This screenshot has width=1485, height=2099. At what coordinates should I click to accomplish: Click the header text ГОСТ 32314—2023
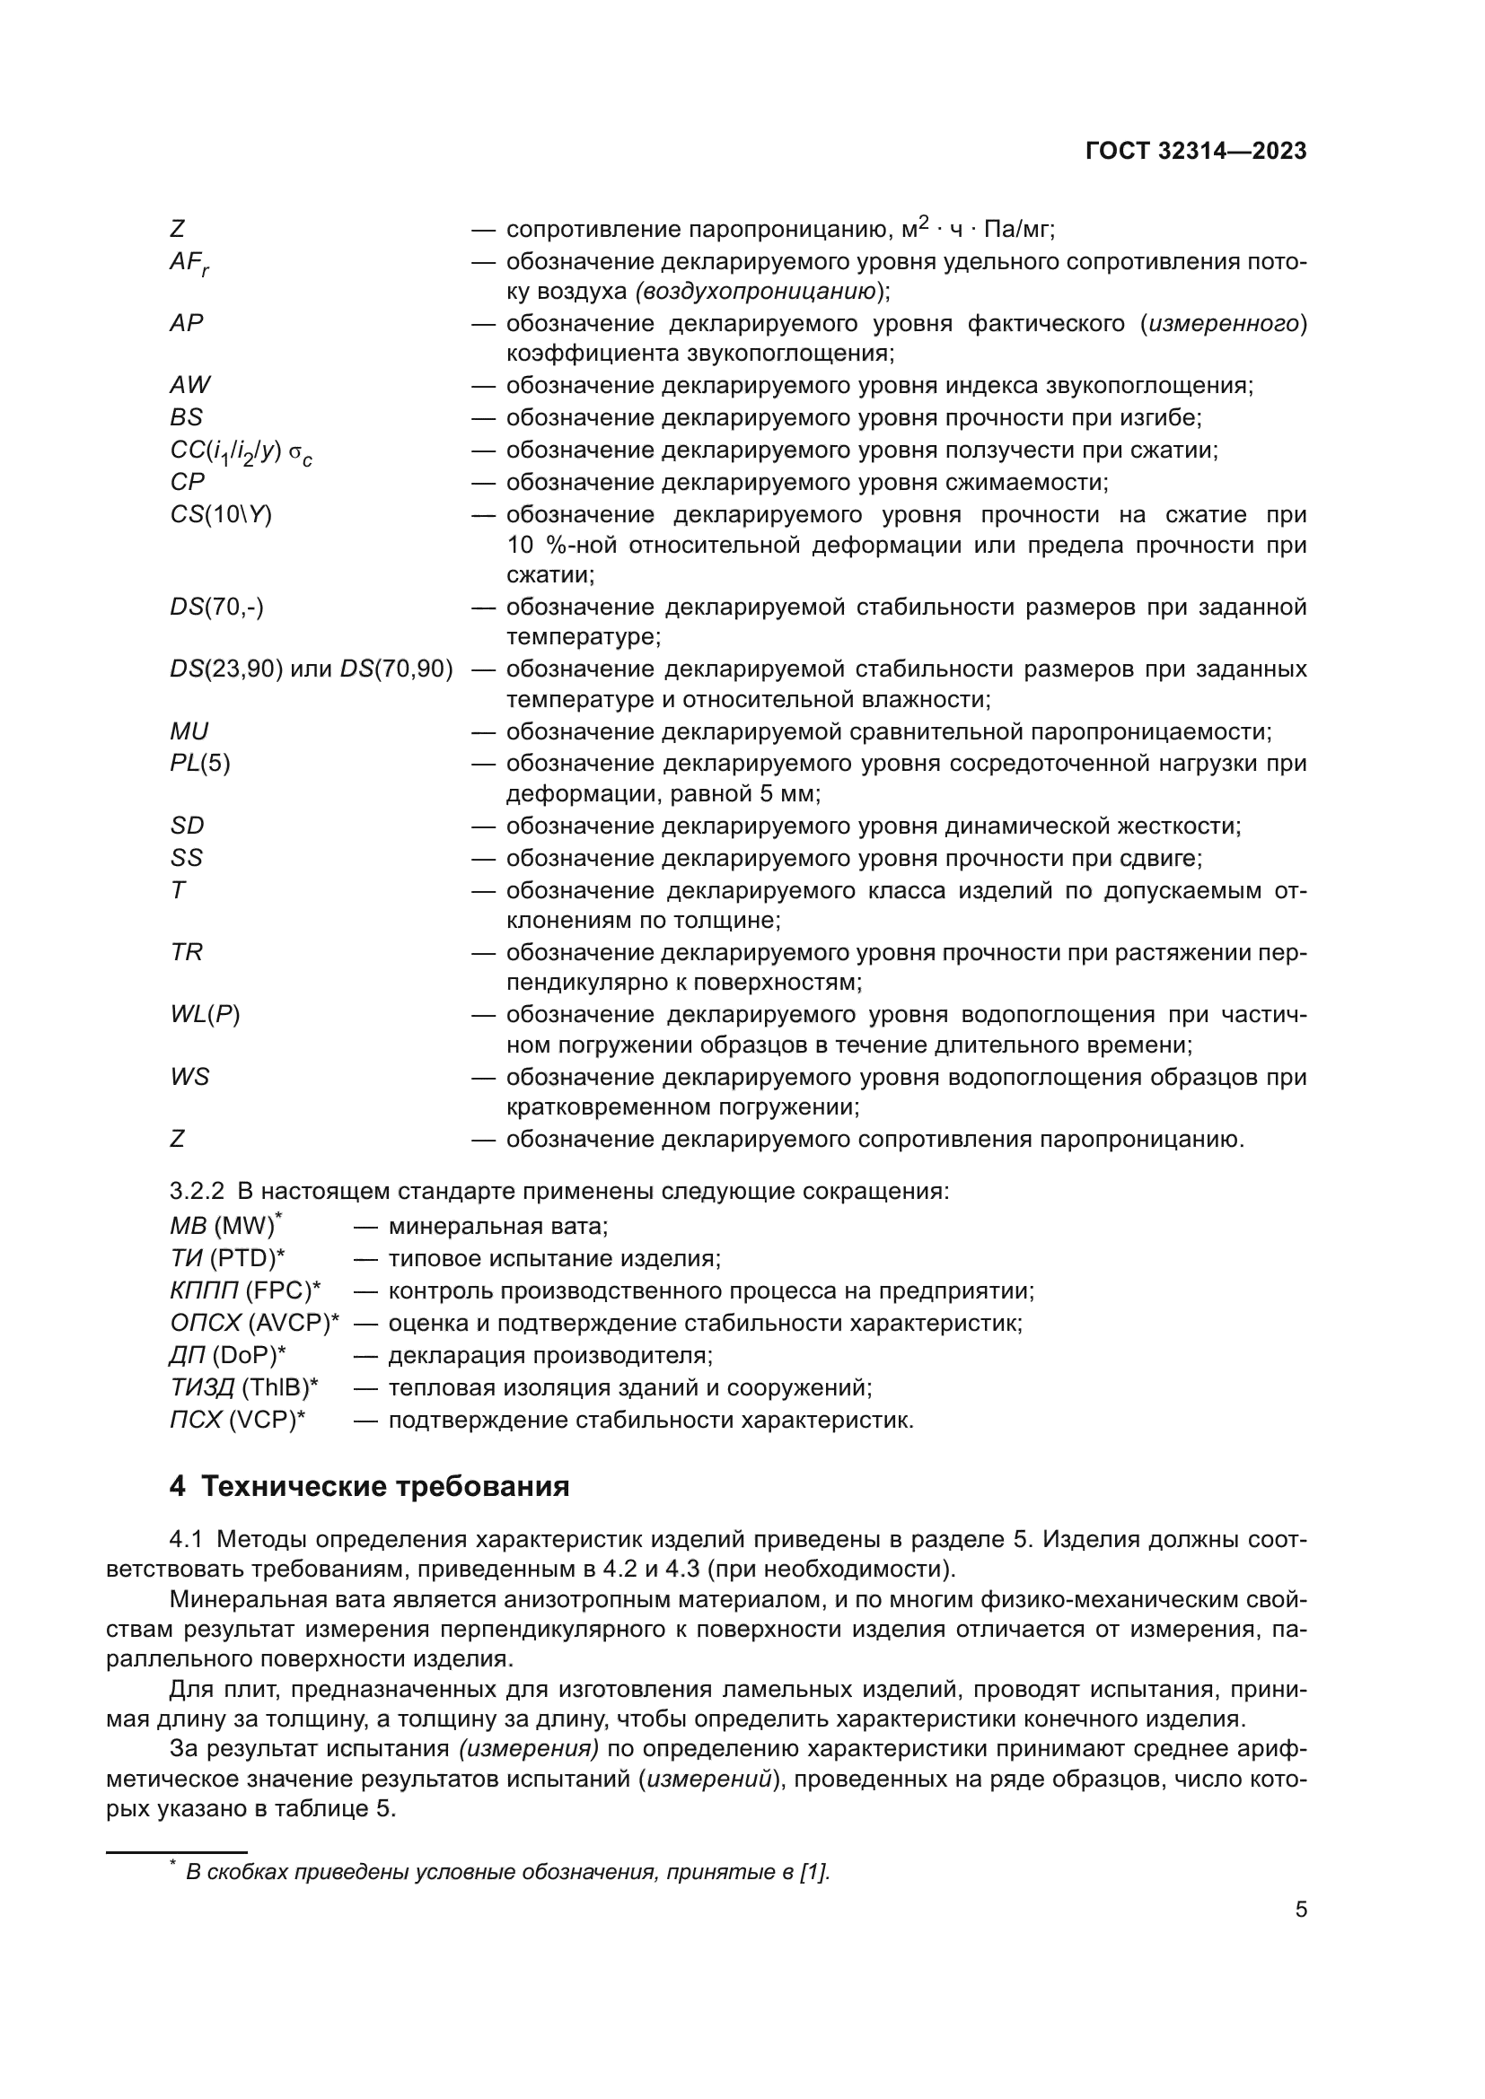pos(1196,152)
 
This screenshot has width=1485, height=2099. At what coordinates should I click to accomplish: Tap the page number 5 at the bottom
pos(1300,1909)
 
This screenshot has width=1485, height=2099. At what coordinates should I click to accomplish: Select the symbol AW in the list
pos(190,385)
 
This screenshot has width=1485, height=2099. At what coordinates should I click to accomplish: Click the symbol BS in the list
pos(187,417)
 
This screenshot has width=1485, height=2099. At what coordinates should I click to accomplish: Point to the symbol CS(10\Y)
pos(221,515)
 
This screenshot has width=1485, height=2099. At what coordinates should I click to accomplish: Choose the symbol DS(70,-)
pos(216,607)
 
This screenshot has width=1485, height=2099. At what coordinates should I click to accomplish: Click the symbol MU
pos(189,731)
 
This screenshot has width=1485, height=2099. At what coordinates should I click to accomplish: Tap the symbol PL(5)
pos(200,764)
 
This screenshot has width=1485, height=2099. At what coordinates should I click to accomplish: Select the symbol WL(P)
pos(205,1015)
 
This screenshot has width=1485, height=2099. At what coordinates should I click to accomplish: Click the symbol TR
pos(187,953)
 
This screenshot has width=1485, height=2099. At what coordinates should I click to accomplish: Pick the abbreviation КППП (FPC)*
pos(245,1290)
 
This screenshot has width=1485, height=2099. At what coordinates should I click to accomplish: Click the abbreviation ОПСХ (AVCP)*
pos(254,1323)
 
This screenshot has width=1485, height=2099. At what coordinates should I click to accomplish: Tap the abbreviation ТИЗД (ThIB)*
pos(244,1387)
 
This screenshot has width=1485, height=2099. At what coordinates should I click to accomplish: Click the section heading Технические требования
pos(385,1485)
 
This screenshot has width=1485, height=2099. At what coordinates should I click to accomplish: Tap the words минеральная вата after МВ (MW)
pos(498,1226)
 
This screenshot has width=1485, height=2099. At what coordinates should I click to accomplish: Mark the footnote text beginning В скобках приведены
pos(507,1871)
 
